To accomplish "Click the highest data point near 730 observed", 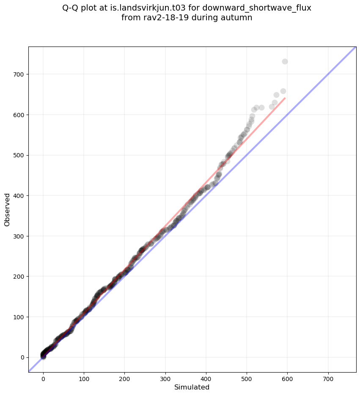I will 285,62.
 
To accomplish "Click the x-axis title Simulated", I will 192,387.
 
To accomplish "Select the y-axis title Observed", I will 7,209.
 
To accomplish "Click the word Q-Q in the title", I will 70,8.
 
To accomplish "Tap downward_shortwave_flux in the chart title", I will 260,8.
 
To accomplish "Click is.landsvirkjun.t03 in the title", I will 148,8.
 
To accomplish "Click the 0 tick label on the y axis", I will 22,357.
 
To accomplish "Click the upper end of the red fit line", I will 285,98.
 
